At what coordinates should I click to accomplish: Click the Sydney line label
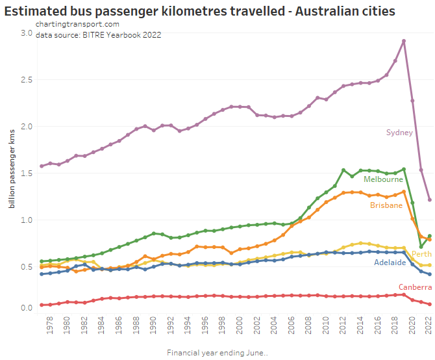[399, 133]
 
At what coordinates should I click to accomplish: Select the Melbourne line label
[383, 179]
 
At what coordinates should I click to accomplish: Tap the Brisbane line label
[386, 205]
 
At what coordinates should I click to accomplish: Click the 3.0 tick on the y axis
[27, 32]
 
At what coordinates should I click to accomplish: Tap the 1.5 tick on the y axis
[27, 173]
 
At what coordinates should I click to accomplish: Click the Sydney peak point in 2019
[404, 41]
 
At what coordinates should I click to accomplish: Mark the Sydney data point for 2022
[429, 199]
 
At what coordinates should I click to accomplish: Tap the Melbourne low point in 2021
[421, 247]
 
